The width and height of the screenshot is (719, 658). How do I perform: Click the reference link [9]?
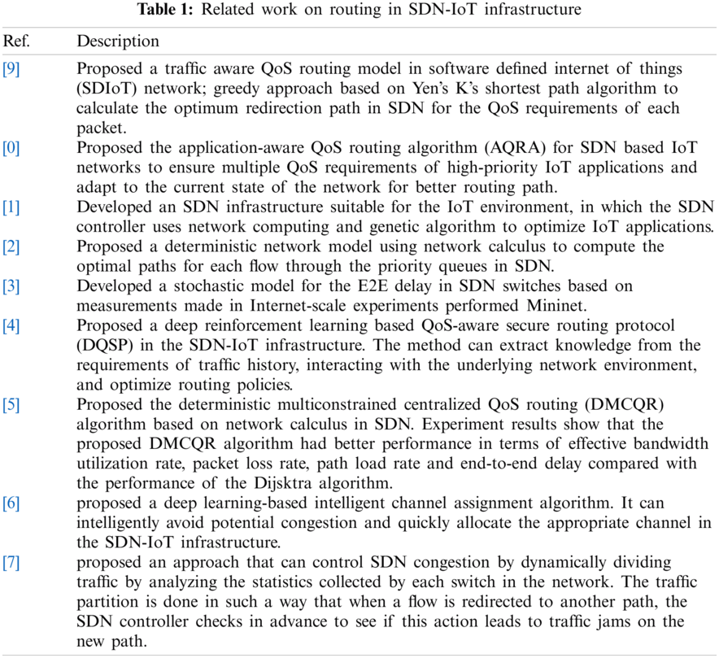click(11, 69)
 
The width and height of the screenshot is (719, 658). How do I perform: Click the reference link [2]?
click(11, 246)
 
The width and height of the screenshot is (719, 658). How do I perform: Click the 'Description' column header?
click(118, 41)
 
